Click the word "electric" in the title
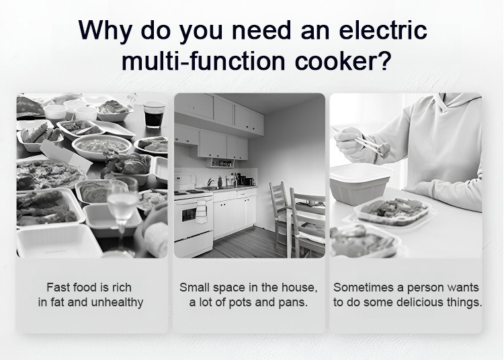pos(383,30)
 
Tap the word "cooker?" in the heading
pos(343,60)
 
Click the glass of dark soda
pos(154,115)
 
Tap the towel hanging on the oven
pos(201,212)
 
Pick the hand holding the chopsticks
pos(348,140)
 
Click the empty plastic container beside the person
pos(360,184)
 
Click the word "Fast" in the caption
pos(56,287)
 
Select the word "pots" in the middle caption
pos(240,303)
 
